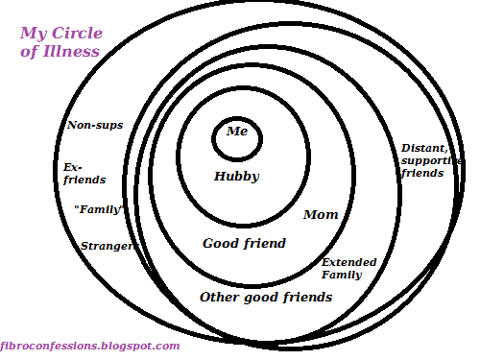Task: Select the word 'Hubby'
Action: (x=236, y=177)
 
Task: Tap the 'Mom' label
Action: (x=321, y=214)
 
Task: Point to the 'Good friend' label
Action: (x=244, y=243)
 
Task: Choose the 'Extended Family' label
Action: (x=348, y=268)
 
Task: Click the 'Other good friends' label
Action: (x=265, y=297)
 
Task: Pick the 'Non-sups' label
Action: (x=94, y=125)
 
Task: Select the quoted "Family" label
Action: (x=100, y=207)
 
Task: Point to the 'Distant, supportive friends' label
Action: (x=422, y=160)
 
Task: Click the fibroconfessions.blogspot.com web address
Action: (x=90, y=346)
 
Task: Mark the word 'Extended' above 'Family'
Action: (x=348, y=262)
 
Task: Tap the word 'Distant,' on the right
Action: (x=424, y=148)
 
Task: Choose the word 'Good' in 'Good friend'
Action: (x=220, y=243)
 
